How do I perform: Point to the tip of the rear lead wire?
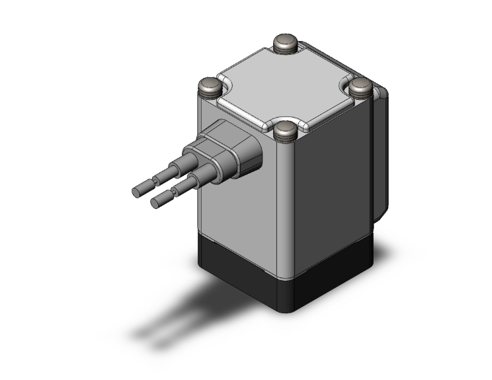click(x=138, y=192)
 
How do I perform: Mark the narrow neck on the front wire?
click(x=176, y=191)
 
